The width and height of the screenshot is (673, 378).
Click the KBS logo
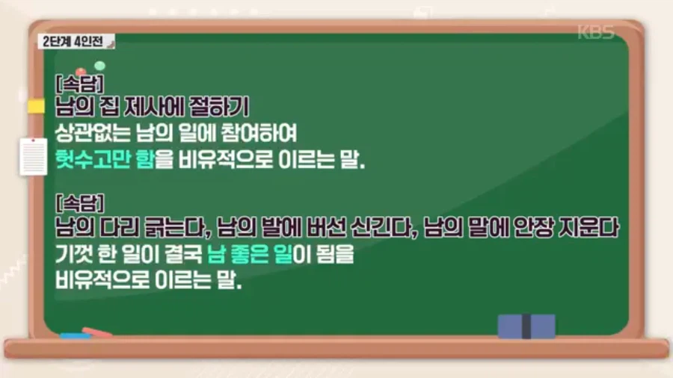[x=596, y=32]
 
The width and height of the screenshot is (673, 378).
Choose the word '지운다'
[x=594, y=225]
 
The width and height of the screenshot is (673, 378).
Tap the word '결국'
[x=179, y=253]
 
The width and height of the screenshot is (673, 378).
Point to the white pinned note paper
[x=33, y=156]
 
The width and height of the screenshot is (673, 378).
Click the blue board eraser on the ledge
[x=526, y=326]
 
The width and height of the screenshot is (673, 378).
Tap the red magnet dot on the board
[x=81, y=72]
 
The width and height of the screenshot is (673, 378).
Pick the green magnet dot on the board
[x=99, y=66]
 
